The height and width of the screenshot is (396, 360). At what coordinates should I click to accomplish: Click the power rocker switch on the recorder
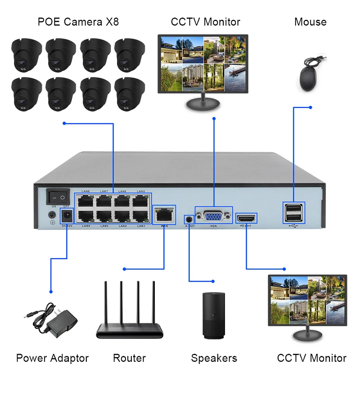coord(58,197)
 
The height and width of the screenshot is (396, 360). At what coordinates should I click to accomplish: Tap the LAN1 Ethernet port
coord(141,216)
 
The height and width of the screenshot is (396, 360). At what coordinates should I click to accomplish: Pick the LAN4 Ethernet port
coord(85,216)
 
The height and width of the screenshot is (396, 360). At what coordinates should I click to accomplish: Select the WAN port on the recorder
coord(164,215)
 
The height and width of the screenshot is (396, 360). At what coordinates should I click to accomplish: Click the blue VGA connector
coord(213,218)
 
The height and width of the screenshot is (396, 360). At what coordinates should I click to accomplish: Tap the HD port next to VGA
coord(247,218)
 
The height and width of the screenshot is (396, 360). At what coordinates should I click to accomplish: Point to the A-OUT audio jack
coord(189,219)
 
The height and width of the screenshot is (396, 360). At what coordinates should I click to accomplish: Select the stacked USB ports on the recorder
coord(293,212)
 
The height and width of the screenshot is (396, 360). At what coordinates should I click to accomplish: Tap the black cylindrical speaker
coord(214,315)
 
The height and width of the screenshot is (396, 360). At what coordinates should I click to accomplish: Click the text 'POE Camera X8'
coord(78,22)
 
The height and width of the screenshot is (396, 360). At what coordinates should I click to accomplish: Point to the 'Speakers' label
coord(214,358)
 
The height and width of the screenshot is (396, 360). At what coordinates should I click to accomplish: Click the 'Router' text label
coord(129,358)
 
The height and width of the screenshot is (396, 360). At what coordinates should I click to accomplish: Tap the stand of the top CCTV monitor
coord(202,104)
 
